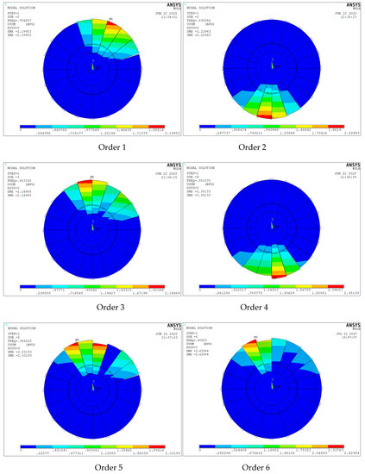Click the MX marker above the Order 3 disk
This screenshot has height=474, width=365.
tap(92, 178)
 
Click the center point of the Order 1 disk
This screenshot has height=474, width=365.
tap(92, 65)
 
